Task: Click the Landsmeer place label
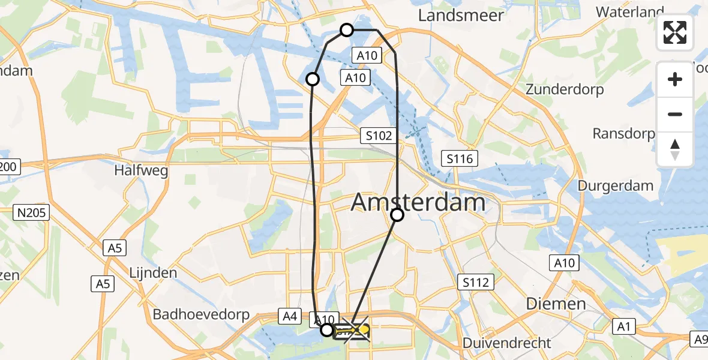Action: [461, 15]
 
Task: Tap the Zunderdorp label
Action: [565, 89]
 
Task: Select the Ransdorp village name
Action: [623, 133]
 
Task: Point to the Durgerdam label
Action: [615, 185]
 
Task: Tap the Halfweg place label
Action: [141, 170]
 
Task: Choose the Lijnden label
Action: [152, 272]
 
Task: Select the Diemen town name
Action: [556, 304]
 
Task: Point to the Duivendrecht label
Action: [506, 343]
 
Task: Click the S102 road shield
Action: [379, 136]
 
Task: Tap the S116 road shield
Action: [460, 159]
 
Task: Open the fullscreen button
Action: [675, 32]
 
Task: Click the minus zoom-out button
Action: [675, 114]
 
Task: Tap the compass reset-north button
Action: [675, 149]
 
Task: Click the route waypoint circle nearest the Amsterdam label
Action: [397, 215]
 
